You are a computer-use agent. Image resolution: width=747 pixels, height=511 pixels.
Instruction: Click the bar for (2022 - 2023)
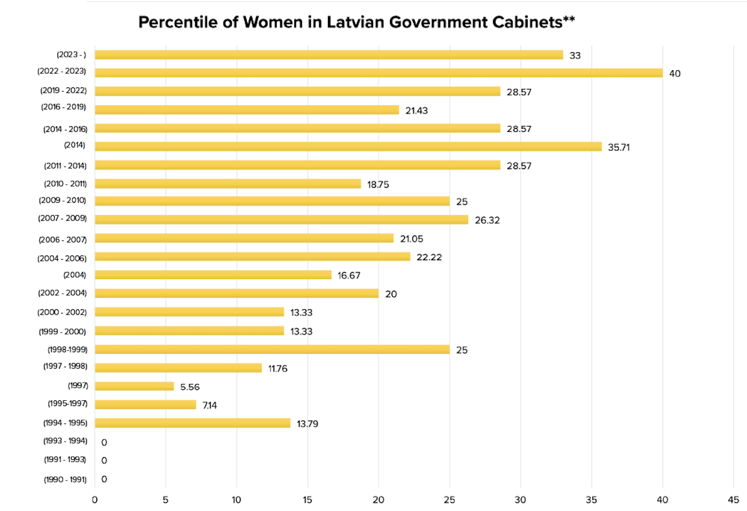[x=379, y=73]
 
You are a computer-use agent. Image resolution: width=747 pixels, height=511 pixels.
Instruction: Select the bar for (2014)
[x=348, y=147]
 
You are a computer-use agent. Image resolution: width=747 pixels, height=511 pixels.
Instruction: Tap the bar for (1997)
[x=135, y=386]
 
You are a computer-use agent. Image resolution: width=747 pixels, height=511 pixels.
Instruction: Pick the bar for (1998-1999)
[x=272, y=350]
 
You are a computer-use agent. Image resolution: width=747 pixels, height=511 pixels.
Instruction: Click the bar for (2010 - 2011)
[x=228, y=184]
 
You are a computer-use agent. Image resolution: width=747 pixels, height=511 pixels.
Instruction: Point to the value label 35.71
[x=619, y=147]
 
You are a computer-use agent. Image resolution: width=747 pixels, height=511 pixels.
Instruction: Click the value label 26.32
[x=487, y=220]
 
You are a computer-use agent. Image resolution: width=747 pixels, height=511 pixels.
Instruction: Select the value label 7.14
[x=210, y=405]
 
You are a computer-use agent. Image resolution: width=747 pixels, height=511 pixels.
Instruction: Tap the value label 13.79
[x=307, y=424]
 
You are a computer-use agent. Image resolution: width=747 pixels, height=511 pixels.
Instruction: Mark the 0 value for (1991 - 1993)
[x=104, y=461]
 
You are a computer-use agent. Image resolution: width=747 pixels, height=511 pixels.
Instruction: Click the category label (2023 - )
[x=71, y=55]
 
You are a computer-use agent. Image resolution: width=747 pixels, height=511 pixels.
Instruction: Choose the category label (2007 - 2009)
[x=62, y=218]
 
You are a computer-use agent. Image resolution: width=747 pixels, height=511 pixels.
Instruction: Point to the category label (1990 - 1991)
[x=65, y=480]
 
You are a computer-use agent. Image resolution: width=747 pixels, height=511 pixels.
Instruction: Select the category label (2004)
[x=74, y=275]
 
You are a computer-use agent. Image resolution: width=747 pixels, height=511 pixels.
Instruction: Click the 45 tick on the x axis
[x=733, y=500]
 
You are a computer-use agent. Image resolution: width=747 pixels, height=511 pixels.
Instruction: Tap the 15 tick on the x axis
[x=307, y=500]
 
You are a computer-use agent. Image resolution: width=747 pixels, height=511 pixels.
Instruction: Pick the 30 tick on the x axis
[x=520, y=500]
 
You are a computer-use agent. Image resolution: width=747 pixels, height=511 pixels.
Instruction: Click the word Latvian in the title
[x=353, y=22]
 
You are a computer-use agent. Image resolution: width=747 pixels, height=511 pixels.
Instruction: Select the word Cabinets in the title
[x=527, y=22]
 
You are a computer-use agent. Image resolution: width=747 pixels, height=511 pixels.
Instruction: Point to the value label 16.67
[x=349, y=276]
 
